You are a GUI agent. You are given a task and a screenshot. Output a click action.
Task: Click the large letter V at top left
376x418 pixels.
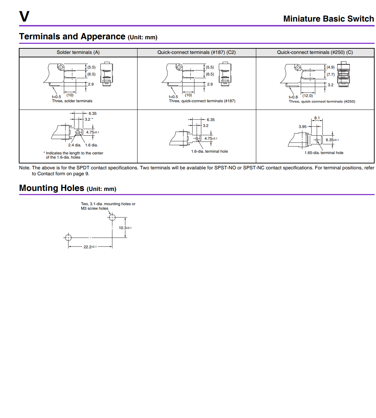click(x=24, y=16)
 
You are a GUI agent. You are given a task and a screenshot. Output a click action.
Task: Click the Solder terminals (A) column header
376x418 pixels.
click(x=78, y=53)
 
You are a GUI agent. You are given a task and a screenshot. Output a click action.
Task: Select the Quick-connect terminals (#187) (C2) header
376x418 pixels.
click(x=196, y=53)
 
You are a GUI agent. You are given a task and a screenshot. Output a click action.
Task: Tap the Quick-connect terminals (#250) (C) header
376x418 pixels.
click(x=315, y=53)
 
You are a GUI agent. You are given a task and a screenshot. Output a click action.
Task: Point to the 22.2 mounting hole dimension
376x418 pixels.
click(x=90, y=247)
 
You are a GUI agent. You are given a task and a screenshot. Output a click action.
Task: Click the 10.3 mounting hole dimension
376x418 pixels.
click(x=125, y=228)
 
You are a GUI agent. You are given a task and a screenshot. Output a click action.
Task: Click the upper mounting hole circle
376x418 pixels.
click(x=112, y=217)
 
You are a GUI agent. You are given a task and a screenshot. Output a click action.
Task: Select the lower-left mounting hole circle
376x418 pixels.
click(x=68, y=238)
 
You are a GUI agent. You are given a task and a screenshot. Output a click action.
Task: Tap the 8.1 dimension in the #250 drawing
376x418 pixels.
click(x=317, y=118)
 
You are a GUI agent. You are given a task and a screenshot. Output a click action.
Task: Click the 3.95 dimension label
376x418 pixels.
click(x=303, y=127)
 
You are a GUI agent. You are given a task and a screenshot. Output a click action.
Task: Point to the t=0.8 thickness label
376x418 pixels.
click(x=293, y=97)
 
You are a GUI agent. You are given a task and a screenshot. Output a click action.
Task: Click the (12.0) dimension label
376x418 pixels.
click(x=308, y=96)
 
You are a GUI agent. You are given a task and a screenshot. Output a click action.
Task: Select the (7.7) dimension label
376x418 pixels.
click(x=330, y=74)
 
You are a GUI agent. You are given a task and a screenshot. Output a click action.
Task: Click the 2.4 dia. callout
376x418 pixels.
click(x=75, y=145)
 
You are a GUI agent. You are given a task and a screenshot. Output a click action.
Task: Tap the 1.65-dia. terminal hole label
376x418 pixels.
click(x=324, y=153)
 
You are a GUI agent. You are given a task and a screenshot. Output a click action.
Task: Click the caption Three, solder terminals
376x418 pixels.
click(x=72, y=101)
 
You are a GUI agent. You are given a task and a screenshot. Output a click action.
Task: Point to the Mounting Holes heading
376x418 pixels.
click(x=52, y=188)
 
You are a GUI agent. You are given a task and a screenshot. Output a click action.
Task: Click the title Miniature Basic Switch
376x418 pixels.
click(x=329, y=19)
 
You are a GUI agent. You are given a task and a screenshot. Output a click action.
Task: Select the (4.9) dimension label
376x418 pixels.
click(x=330, y=67)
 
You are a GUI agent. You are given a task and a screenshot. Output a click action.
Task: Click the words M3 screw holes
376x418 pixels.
click(x=94, y=208)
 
